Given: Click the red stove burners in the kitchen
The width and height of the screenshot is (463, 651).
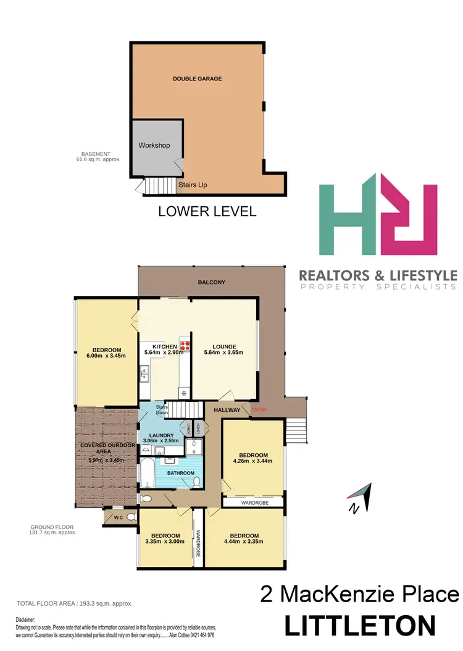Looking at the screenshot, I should [184, 345].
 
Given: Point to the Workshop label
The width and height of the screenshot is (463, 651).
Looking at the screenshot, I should [154, 145].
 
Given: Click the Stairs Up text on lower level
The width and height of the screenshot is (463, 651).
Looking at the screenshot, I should [193, 185].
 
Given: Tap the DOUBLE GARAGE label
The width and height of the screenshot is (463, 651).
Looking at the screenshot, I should [197, 78].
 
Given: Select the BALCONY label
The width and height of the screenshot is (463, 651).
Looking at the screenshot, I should [211, 282].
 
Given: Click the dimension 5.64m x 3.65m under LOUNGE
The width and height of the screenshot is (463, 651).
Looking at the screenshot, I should [223, 353].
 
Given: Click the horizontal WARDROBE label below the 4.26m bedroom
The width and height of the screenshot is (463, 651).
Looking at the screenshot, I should [252, 503].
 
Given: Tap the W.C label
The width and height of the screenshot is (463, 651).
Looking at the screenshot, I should [117, 516].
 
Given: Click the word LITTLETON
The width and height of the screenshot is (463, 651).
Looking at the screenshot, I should [360, 626].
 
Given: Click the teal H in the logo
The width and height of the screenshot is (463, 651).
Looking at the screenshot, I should [349, 219].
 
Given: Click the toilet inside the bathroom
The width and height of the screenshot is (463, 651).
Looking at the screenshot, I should [196, 479].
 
